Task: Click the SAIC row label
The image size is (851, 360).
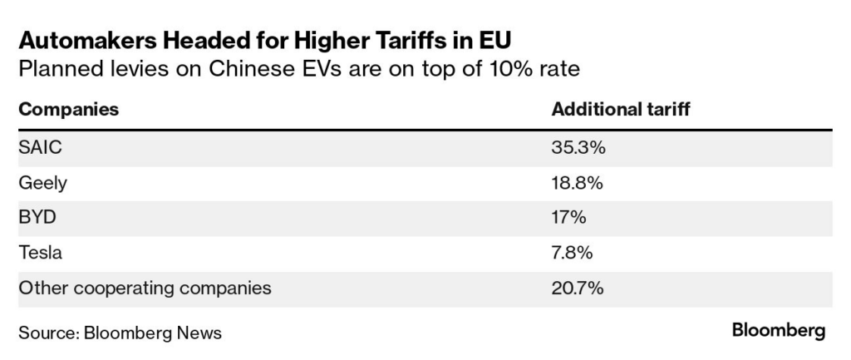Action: click(x=40, y=147)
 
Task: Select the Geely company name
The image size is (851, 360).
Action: click(x=42, y=183)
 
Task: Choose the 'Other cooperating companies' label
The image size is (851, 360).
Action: click(x=145, y=288)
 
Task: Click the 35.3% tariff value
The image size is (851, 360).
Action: click(x=578, y=147)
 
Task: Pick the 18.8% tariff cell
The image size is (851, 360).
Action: click(x=578, y=183)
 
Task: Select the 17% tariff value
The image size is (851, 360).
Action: click(x=569, y=218)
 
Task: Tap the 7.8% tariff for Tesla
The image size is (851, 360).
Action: click(x=573, y=253)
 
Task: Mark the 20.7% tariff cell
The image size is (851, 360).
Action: click(x=578, y=288)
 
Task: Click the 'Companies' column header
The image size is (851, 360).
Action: click(x=68, y=110)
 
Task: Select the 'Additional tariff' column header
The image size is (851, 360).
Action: click(x=620, y=110)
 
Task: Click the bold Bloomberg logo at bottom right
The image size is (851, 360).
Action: click(x=779, y=331)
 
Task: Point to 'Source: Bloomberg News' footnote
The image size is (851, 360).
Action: click(x=120, y=333)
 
